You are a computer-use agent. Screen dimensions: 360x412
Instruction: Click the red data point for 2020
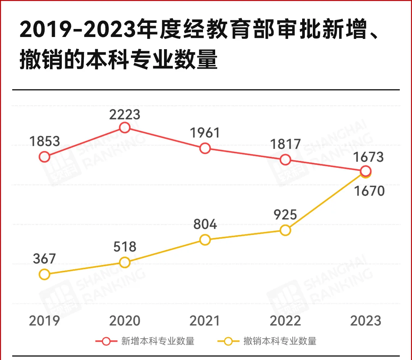click(x=125, y=127)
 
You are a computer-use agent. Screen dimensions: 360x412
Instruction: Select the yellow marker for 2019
click(x=45, y=274)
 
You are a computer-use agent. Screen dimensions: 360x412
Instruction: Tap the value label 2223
click(x=125, y=114)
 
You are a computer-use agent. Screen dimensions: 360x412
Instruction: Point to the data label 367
click(x=45, y=259)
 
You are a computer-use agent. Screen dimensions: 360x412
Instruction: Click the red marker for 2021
click(x=205, y=148)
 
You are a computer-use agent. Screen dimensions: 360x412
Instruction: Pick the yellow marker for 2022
click(x=285, y=230)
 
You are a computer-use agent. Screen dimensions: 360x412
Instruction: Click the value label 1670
click(x=369, y=191)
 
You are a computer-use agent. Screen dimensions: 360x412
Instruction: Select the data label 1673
click(x=368, y=157)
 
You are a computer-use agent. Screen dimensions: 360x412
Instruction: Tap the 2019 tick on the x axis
click(x=45, y=321)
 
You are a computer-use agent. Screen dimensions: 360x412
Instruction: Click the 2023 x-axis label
click(x=365, y=321)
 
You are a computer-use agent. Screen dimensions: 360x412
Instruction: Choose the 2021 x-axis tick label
click(x=205, y=321)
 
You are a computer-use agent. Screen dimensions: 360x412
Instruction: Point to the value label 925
click(x=285, y=215)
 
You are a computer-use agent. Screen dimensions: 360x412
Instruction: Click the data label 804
click(x=205, y=224)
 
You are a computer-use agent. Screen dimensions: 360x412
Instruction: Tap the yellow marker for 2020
click(x=125, y=262)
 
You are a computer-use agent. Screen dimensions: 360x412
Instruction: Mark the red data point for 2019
click(x=45, y=157)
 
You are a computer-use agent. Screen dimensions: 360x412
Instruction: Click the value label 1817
click(x=285, y=145)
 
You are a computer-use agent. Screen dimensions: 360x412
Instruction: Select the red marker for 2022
click(x=285, y=160)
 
